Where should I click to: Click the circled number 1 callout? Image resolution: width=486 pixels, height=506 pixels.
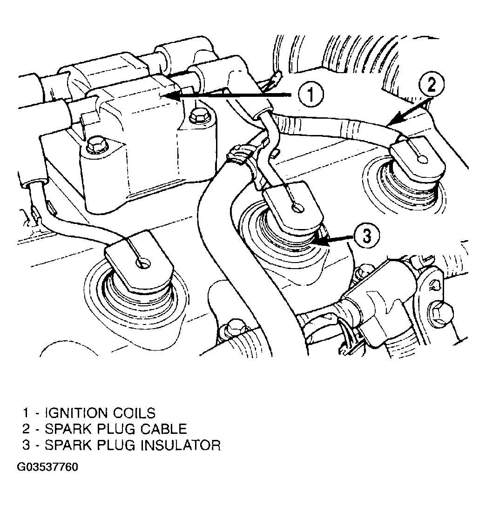pyautogui.click(x=310, y=94)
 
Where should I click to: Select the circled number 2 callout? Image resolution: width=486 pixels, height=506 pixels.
pyautogui.click(x=432, y=85)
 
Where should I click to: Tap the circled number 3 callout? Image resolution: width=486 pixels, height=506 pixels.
pyautogui.click(x=367, y=236)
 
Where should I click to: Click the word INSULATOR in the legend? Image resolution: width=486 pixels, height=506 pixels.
pyautogui.click(x=181, y=445)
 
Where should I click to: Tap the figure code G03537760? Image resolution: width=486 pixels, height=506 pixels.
pyautogui.click(x=47, y=467)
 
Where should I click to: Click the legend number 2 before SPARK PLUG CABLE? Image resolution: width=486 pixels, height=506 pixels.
pyautogui.click(x=26, y=429)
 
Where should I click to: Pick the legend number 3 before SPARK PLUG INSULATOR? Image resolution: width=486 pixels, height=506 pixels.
pyautogui.click(x=26, y=445)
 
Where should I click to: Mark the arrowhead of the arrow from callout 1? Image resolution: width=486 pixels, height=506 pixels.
pyautogui.click(x=165, y=95)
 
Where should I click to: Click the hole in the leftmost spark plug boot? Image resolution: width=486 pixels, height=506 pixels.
pyautogui.click(x=143, y=264)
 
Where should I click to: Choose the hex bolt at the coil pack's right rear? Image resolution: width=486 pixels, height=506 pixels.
pyautogui.click(x=196, y=115)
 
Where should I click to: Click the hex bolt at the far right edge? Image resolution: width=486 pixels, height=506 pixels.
pyautogui.click(x=441, y=311)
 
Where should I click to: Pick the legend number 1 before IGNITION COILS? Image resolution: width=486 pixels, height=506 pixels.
pyautogui.click(x=26, y=413)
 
